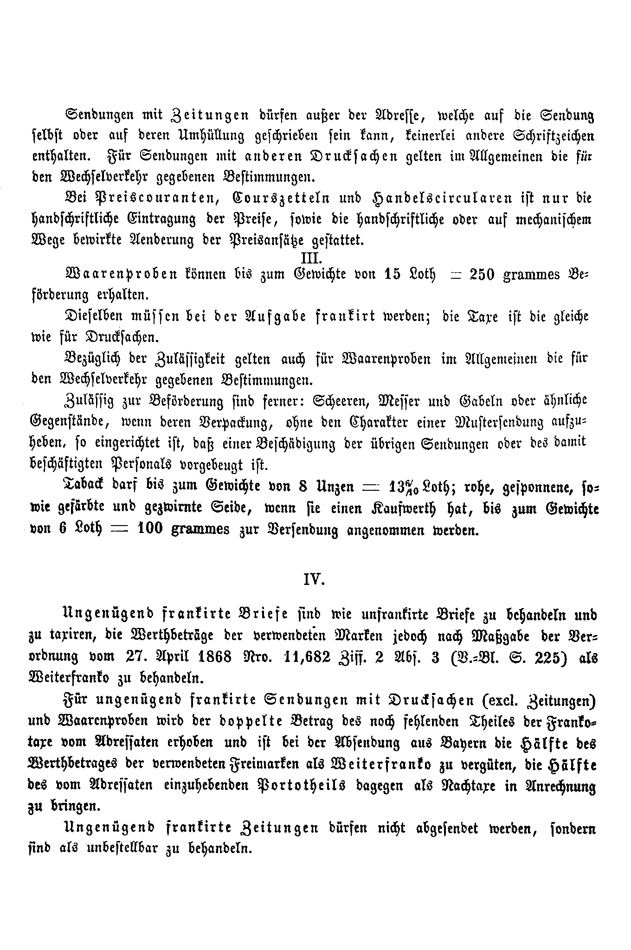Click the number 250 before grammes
483,275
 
